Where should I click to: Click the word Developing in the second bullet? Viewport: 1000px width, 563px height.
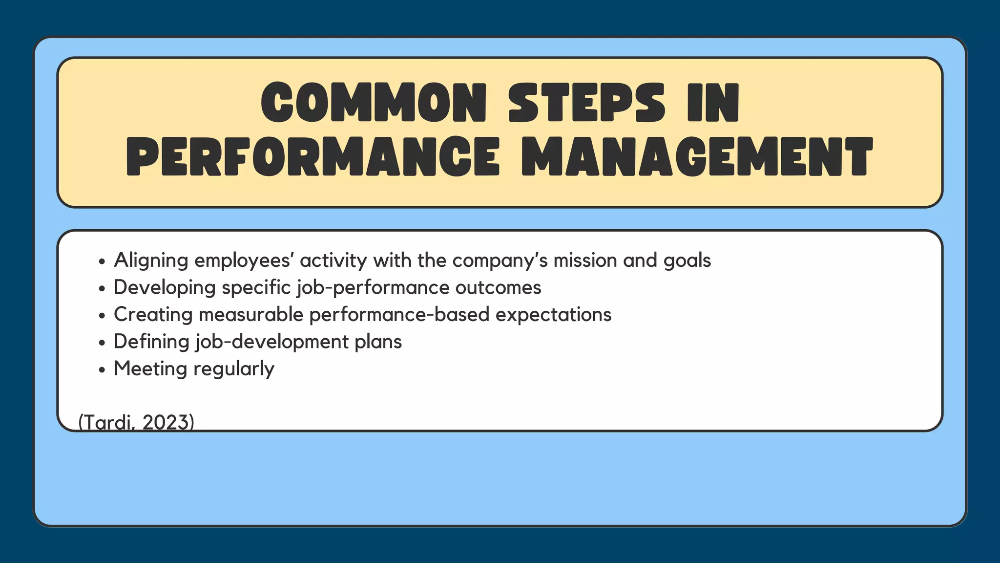[165, 287]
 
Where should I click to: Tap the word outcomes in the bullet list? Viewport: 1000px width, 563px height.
[498, 287]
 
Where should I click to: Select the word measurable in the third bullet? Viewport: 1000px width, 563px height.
[251, 314]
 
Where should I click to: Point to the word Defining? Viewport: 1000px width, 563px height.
[151, 341]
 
